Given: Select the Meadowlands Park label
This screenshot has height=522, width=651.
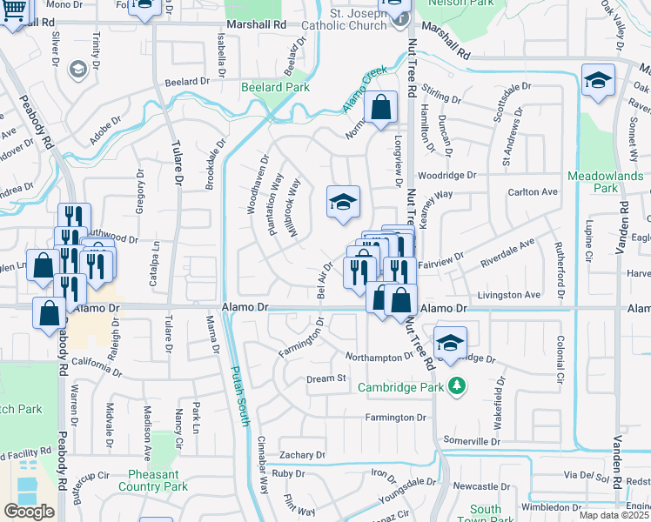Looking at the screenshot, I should point(605,182).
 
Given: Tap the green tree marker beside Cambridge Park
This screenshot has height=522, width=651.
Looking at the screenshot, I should point(455,386).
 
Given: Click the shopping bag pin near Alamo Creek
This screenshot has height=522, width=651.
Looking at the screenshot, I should point(381,109).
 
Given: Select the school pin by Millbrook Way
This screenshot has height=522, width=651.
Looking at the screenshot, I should point(343,203).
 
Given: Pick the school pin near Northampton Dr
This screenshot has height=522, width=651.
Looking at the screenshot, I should point(451,344).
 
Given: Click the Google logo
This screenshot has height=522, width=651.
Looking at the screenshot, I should point(29,511).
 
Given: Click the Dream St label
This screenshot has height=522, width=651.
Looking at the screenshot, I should point(326,378).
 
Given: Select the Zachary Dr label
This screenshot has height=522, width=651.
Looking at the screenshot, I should point(302,455).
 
